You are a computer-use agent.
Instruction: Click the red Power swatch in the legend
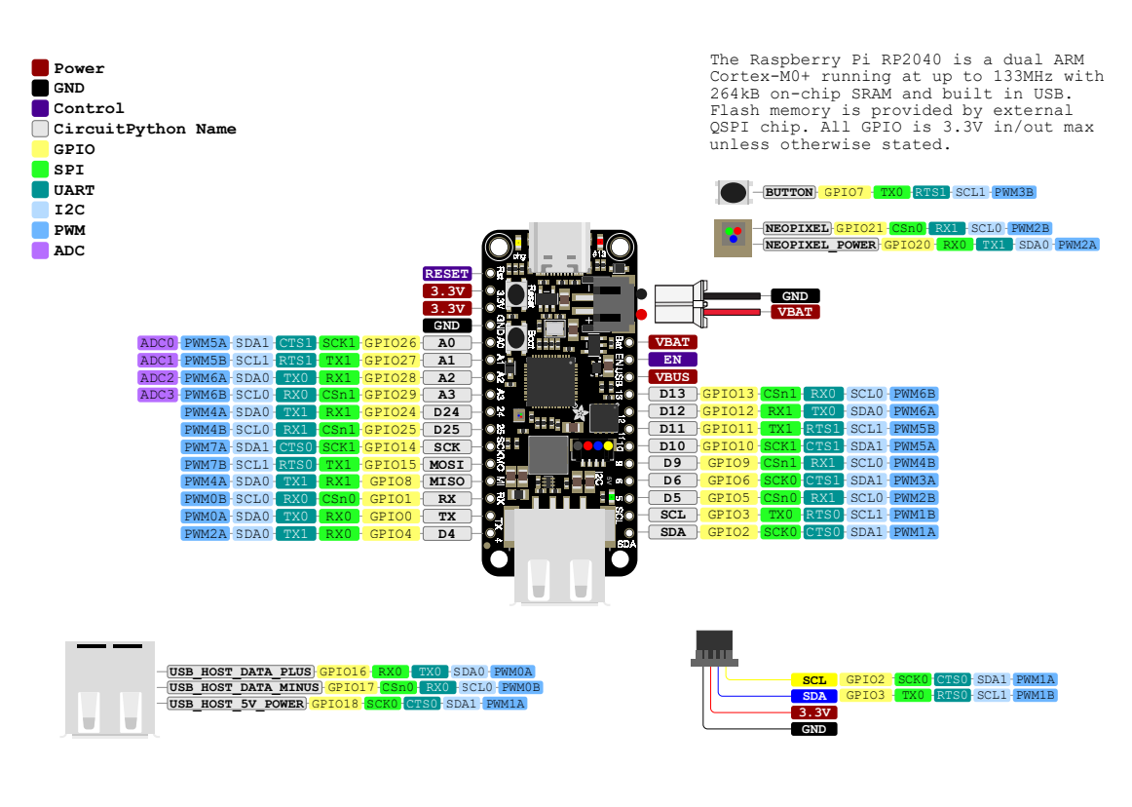[x=40, y=68]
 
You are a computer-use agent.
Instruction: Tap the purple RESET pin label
[x=447, y=274]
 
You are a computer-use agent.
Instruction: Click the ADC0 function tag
[x=158, y=343]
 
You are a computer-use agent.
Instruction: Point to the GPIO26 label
[x=391, y=343]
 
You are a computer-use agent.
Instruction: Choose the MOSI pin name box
[x=447, y=464]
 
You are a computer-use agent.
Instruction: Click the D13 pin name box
[x=673, y=394]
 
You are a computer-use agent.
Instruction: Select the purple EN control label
[x=673, y=360]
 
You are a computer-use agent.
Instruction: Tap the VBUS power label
[x=673, y=376]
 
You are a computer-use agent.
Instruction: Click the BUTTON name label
[x=789, y=193]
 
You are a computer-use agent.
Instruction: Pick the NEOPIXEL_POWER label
[x=821, y=245]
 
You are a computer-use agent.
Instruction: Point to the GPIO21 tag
[x=857, y=228]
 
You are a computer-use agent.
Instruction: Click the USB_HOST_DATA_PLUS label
[x=241, y=672]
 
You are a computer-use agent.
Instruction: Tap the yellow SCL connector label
[x=814, y=679]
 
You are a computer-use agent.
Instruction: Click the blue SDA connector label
[x=814, y=696]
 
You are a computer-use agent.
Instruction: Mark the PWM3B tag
[x=1013, y=193]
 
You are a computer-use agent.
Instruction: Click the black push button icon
[x=735, y=193]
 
